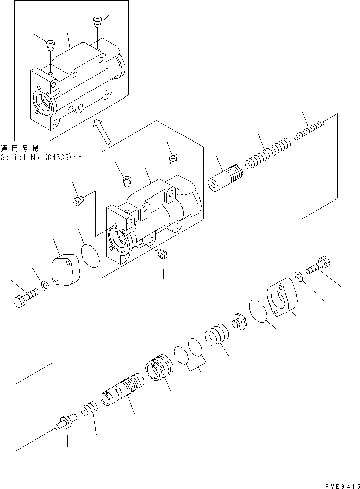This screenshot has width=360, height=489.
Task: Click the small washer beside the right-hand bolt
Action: tap(298, 276)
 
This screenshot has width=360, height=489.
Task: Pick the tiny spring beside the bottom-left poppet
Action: tap(87, 407)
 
